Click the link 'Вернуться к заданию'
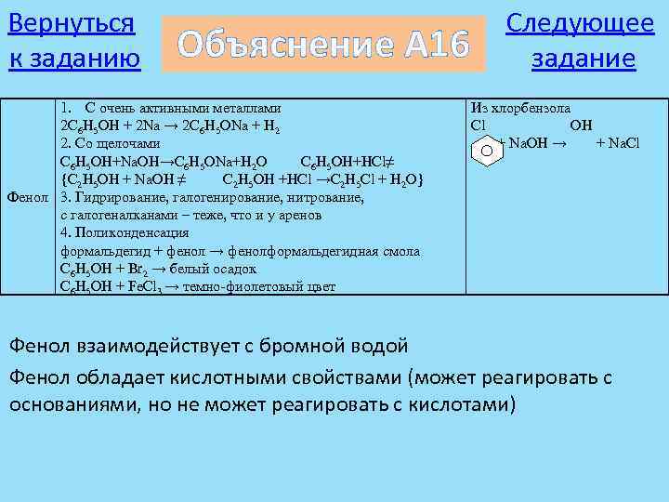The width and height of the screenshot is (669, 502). (73, 40)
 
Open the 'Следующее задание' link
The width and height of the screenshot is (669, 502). (580, 40)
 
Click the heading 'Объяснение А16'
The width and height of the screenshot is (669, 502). (323, 43)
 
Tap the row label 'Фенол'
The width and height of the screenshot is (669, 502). (29, 197)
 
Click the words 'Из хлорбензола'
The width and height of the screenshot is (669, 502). (521, 108)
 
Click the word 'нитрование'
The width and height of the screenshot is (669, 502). (324, 197)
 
